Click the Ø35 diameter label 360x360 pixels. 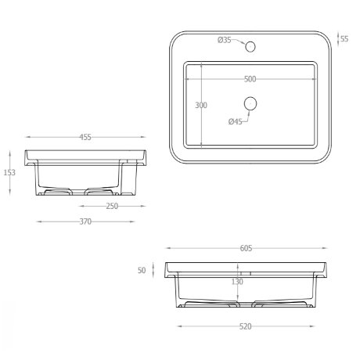tap(225, 40)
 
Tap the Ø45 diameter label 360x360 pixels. tap(236, 121)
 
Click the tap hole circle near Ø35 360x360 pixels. tap(250, 47)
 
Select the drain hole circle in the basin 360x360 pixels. tap(250, 103)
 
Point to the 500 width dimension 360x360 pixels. tap(250, 79)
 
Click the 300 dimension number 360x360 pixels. tap(201, 105)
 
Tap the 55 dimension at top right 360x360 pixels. tap(344, 39)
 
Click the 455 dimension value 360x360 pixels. tap(85, 137)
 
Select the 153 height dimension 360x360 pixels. tap(9, 172)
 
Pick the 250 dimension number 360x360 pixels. tap(112, 206)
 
